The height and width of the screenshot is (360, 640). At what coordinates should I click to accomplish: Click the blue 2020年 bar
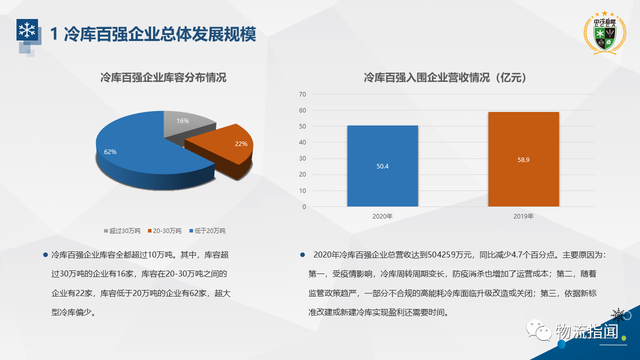[x=382, y=166]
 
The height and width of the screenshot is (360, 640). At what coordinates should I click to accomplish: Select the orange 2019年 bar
[x=523, y=159]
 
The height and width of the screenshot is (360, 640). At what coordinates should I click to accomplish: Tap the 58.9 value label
[x=523, y=159]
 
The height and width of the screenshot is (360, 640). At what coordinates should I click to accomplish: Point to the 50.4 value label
[x=382, y=166]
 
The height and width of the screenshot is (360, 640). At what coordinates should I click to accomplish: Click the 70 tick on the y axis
[x=302, y=94]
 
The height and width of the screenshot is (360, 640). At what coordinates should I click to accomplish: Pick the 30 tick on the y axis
[x=302, y=158]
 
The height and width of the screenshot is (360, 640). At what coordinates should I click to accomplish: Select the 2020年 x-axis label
[x=382, y=216]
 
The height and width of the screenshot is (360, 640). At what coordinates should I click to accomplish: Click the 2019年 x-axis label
[x=523, y=216]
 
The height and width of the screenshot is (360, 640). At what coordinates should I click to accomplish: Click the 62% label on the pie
[x=110, y=151]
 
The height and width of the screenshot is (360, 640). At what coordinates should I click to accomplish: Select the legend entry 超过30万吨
[x=122, y=231]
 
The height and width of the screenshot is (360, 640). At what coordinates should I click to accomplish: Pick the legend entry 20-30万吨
[x=165, y=231]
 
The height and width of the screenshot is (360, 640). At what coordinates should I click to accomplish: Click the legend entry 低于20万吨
[x=207, y=231]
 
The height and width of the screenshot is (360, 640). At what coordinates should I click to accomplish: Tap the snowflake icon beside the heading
[x=27, y=29]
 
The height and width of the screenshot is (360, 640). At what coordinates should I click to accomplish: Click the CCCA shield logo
[x=605, y=33]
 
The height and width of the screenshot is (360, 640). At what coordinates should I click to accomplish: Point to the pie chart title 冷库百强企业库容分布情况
[x=163, y=77]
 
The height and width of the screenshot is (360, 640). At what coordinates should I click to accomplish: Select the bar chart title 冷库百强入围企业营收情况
[x=426, y=77]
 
